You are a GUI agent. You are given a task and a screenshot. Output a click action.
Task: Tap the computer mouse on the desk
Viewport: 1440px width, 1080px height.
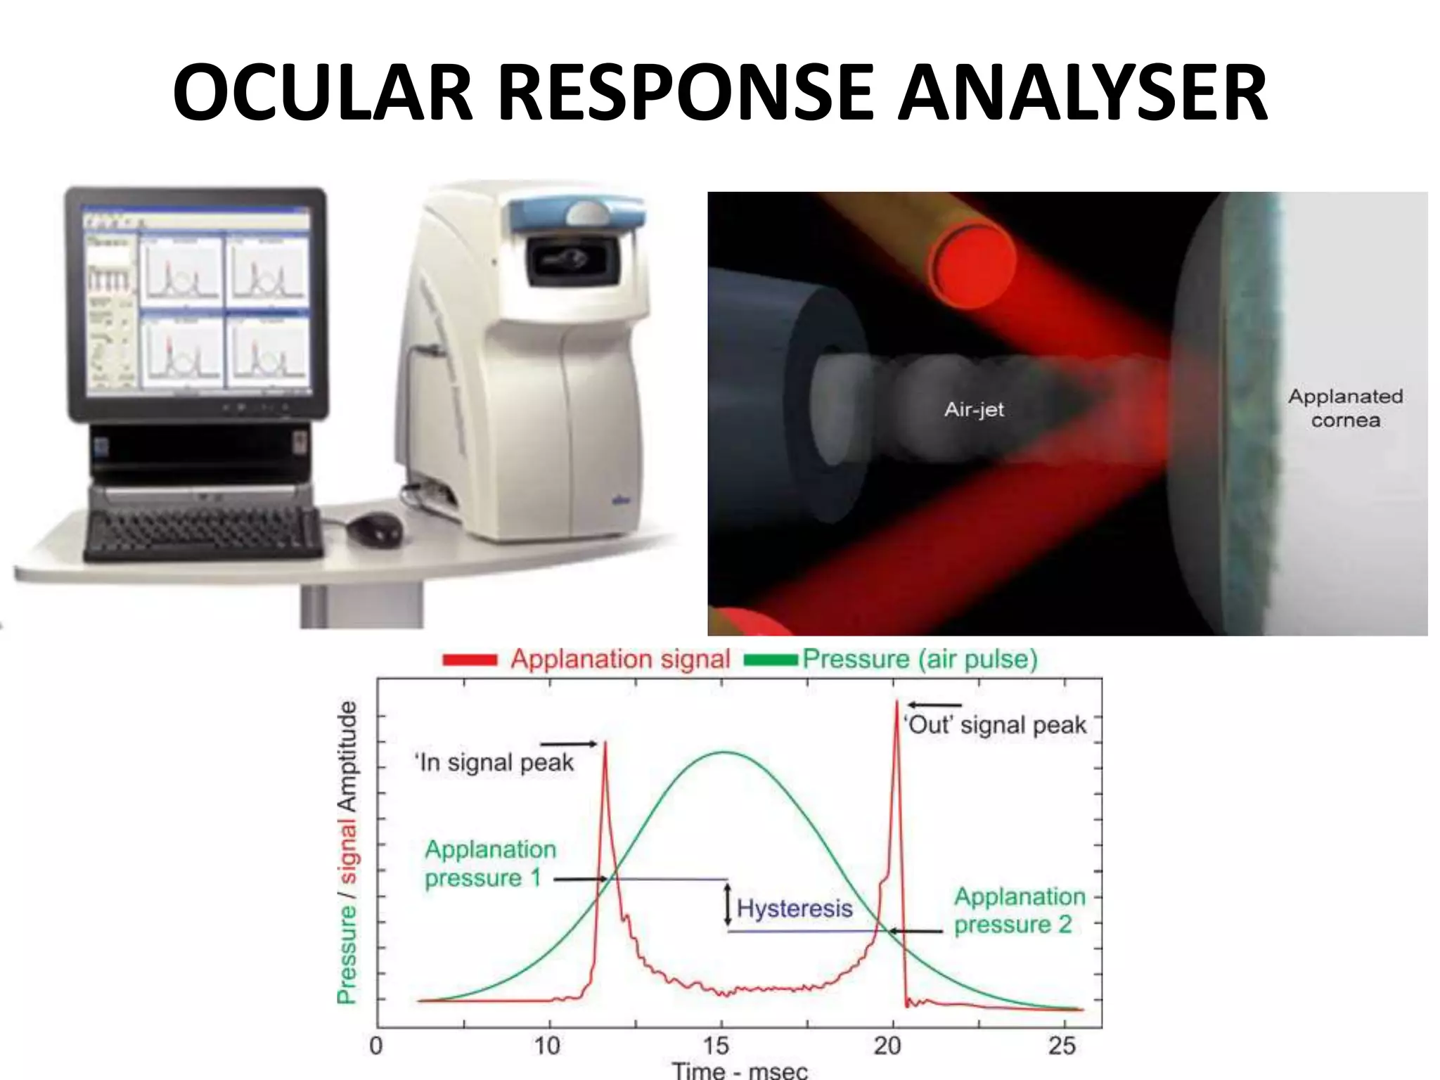376,527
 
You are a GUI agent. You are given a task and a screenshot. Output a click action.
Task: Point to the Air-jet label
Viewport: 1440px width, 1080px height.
974,410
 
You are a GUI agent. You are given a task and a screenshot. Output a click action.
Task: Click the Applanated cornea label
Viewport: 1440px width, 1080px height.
1345,409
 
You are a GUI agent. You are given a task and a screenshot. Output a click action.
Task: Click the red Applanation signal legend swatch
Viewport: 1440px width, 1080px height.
470,660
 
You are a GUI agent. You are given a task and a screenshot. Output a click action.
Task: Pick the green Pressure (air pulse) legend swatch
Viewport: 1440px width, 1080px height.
771,660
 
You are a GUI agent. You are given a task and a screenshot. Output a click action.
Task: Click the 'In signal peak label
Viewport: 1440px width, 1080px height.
494,763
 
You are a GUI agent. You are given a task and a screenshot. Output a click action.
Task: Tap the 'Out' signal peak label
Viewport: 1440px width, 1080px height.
995,725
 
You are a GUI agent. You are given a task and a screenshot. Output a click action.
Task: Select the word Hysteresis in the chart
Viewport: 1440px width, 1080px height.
795,908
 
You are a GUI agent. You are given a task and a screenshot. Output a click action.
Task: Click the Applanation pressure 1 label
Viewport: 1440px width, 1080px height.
489,863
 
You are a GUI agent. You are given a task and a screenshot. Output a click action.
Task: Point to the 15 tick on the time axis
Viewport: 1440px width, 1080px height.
717,1046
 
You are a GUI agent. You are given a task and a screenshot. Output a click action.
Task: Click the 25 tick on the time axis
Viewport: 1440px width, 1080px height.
1062,1046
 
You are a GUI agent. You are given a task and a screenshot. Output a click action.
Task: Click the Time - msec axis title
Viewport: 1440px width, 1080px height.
740,1070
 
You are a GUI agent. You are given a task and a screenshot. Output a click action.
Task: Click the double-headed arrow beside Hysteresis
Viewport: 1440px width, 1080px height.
728,906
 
